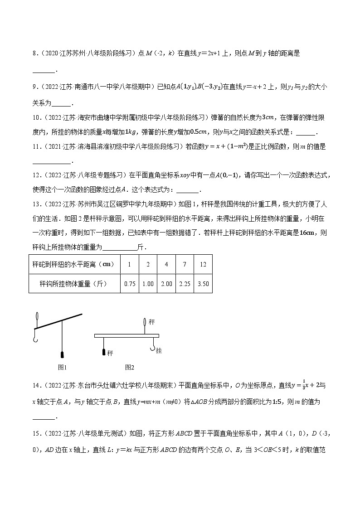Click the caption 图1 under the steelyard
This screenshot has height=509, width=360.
point(62,367)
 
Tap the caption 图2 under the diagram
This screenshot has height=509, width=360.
point(130,367)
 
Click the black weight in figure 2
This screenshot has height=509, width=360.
point(104,352)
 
